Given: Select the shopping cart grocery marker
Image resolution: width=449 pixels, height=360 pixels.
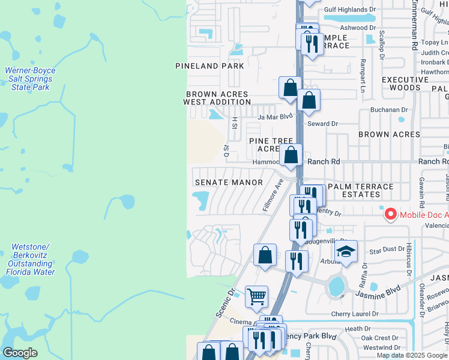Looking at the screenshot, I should (256, 295).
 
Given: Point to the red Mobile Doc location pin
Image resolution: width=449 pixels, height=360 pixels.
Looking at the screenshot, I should (390, 214).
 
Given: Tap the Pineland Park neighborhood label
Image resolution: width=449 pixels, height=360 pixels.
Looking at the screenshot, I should (209, 66).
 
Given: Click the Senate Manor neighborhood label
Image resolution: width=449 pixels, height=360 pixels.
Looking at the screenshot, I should (229, 182).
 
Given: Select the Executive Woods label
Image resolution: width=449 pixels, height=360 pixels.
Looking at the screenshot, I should (401, 83).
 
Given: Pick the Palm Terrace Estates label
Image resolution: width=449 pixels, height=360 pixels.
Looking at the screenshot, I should (360, 190).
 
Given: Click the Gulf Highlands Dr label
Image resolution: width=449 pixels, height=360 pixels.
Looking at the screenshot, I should (353, 10).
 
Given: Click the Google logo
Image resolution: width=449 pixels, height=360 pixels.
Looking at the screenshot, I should (20, 352).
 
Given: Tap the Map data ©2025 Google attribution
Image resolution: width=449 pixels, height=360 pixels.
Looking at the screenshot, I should (412, 355).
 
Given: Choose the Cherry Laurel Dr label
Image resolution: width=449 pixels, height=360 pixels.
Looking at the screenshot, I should (355, 314).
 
